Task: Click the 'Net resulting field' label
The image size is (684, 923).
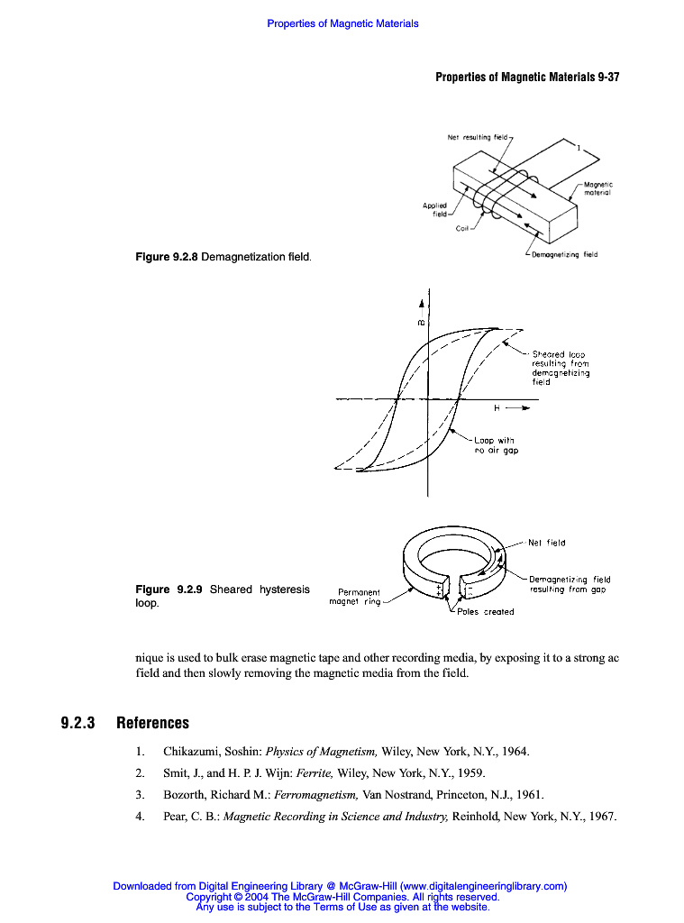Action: (478, 138)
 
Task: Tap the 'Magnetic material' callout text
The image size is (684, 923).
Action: (597, 189)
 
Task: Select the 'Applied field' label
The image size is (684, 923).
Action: (434, 210)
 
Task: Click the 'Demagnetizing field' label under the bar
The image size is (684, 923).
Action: (564, 255)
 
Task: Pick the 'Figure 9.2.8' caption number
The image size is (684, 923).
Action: (166, 258)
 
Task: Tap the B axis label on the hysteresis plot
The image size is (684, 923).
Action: (420, 322)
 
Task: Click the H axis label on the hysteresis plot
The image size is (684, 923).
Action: (497, 408)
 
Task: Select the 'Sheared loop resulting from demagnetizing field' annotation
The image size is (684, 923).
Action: (560, 368)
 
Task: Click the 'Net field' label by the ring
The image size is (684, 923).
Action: (546, 543)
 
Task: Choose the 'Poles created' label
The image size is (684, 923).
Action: (485, 612)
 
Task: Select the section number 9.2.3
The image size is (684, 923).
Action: (78, 723)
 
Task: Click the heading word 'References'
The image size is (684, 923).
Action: (152, 723)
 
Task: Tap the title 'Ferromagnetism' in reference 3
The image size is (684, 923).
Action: (315, 795)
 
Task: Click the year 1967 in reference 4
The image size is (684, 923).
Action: (599, 818)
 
